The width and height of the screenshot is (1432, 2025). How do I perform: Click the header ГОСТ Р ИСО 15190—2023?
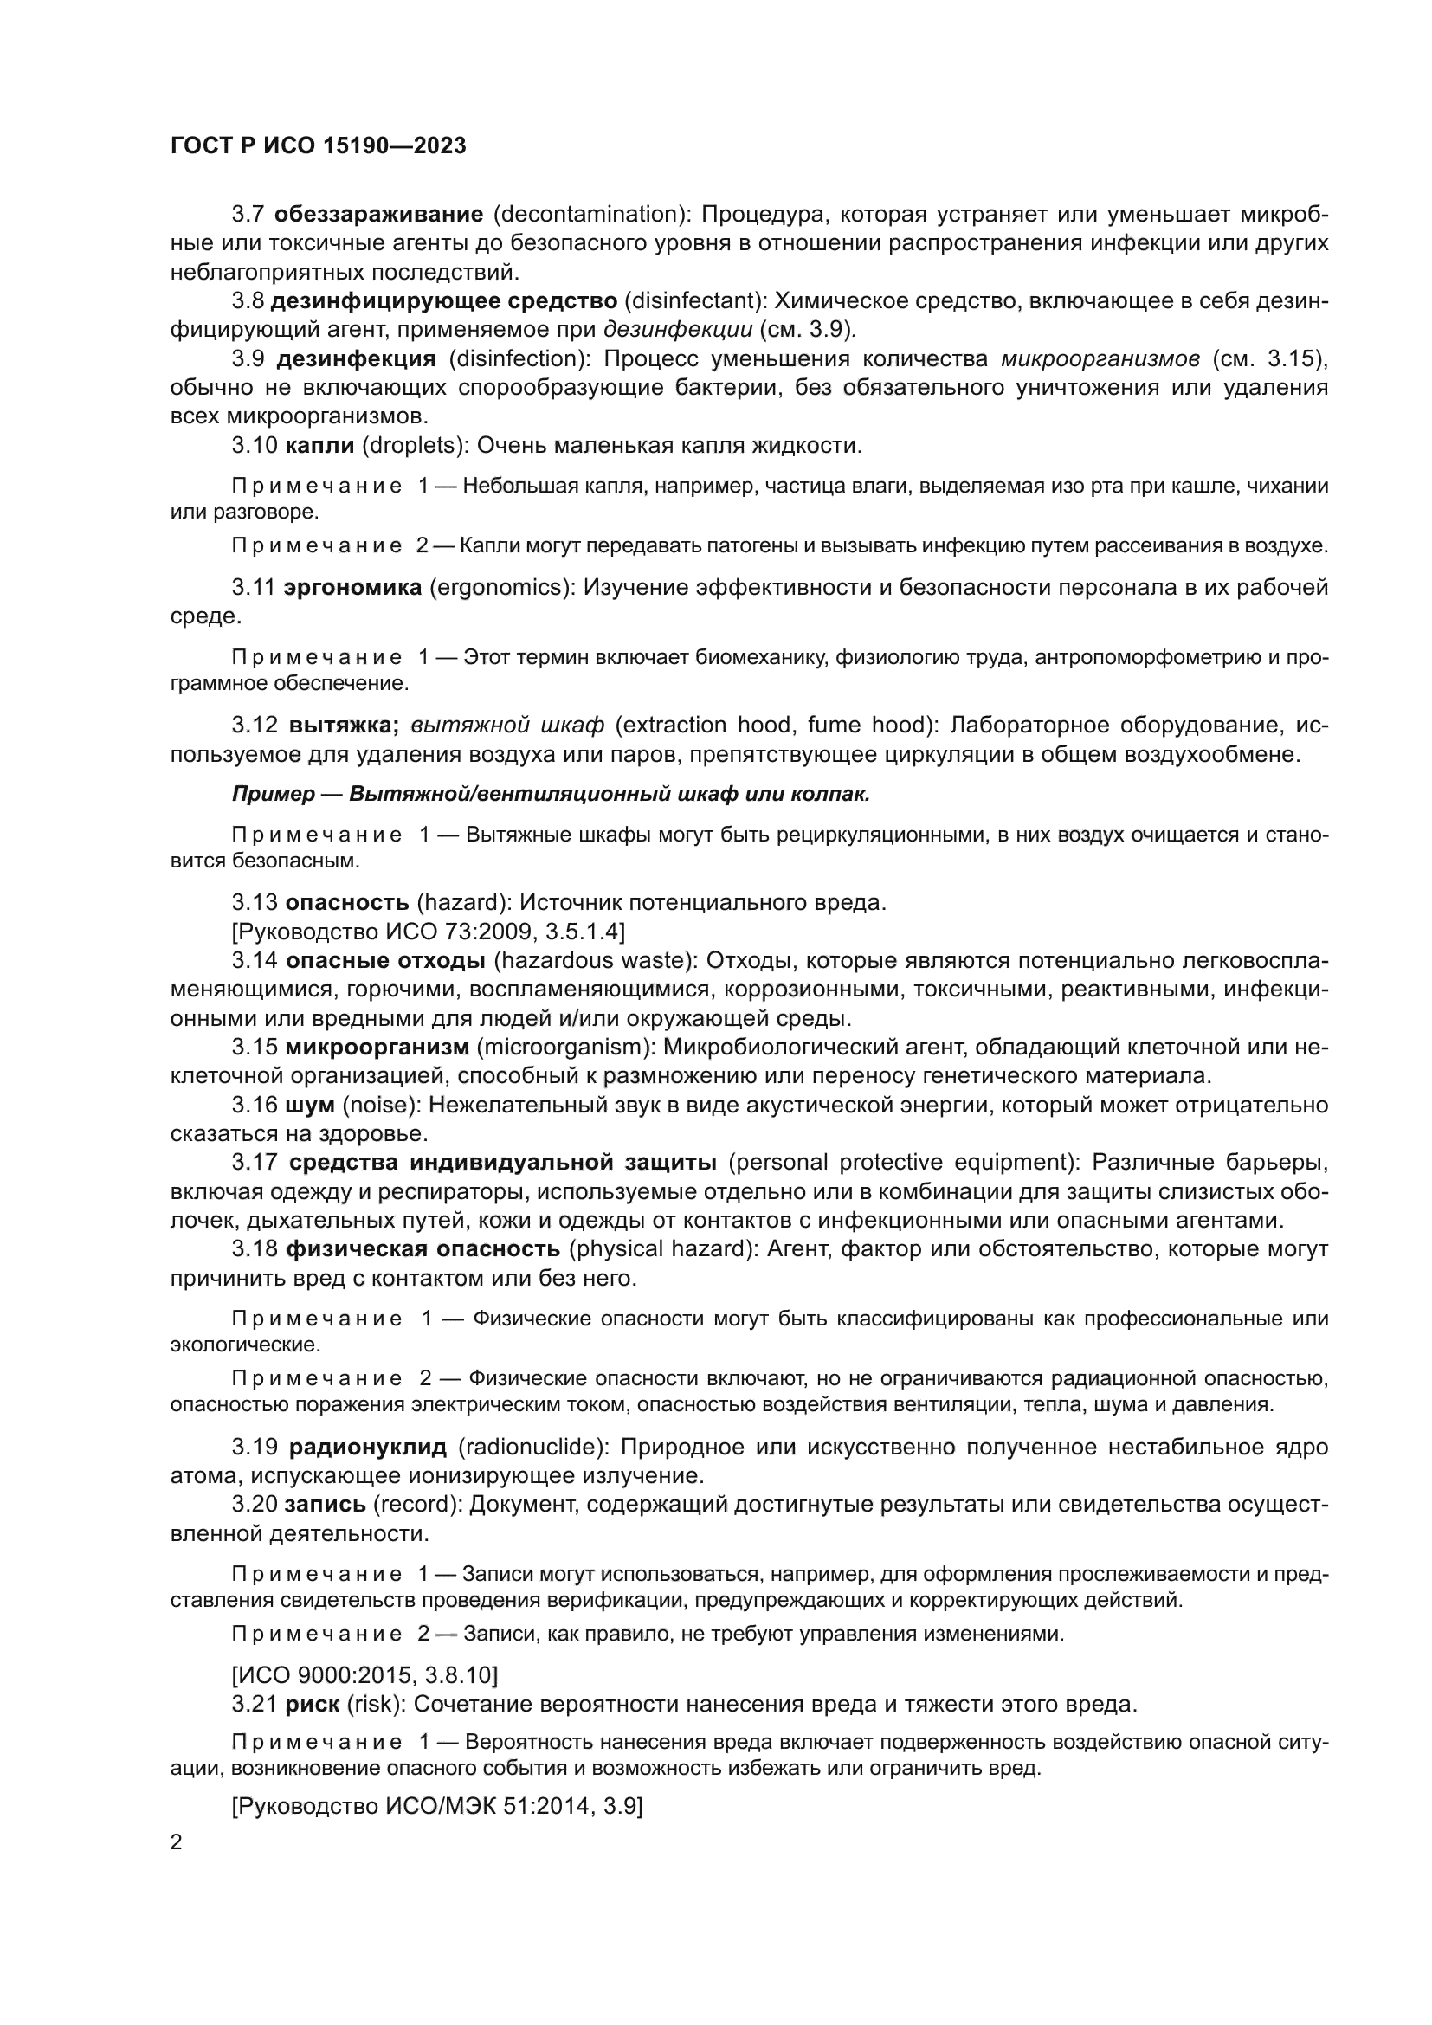coord(318,145)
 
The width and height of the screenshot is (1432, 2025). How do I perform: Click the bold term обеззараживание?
coord(378,215)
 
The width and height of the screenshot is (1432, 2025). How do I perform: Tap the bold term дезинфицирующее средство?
coord(443,300)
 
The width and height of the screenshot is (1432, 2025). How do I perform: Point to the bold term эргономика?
coord(352,587)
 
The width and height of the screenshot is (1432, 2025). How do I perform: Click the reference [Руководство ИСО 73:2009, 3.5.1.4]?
coord(429,932)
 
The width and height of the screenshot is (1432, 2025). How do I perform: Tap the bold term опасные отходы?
coord(385,959)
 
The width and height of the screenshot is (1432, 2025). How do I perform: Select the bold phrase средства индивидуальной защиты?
coord(503,1163)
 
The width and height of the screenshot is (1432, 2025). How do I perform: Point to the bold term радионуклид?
coord(368,1448)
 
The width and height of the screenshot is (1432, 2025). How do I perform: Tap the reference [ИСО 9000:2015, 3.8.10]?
coord(365,1675)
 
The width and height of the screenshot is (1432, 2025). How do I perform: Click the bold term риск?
coord(313,1704)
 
